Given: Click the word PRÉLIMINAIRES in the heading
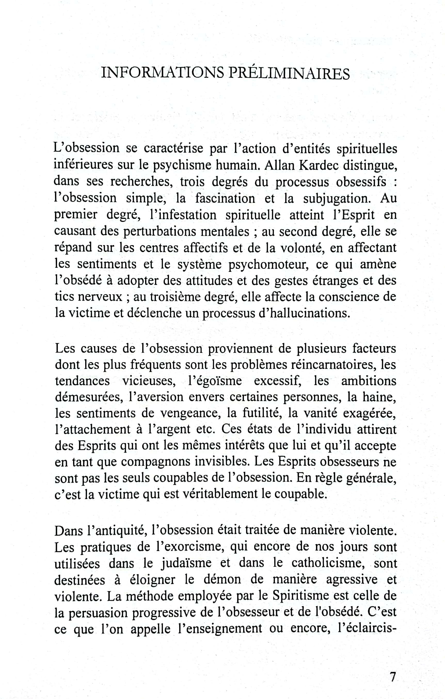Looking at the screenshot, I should point(289,73).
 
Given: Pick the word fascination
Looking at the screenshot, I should point(225,198).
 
